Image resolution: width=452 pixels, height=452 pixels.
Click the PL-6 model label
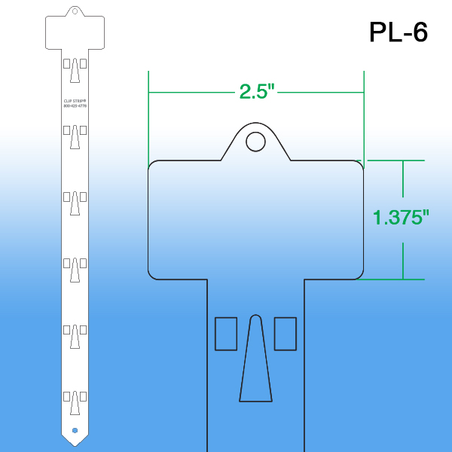[398, 32]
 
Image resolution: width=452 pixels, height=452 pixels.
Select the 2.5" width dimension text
[257, 91]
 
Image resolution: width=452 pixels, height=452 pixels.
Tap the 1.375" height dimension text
[401, 218]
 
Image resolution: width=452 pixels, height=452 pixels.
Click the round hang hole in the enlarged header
[256, 141]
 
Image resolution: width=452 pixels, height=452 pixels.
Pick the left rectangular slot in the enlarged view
[226, 334]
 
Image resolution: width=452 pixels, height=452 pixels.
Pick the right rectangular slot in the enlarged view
[285, 334]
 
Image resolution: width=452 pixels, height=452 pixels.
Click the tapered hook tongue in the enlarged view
[255, 362]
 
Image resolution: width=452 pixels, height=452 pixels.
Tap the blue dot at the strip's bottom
[75, 430]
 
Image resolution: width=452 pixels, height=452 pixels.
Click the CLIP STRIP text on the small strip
[75, 100]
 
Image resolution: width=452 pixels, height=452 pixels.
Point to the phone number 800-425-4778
[75, 106]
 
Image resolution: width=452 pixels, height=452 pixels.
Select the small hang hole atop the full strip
[75, 11]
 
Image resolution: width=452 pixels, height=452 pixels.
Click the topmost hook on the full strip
[75, 72]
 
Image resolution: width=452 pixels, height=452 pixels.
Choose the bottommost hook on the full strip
[75, 403]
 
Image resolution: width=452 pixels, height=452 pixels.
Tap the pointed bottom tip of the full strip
[75, 442]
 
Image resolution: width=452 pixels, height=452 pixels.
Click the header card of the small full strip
[75, 32]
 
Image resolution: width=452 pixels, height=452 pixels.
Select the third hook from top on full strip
[75, 204]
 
